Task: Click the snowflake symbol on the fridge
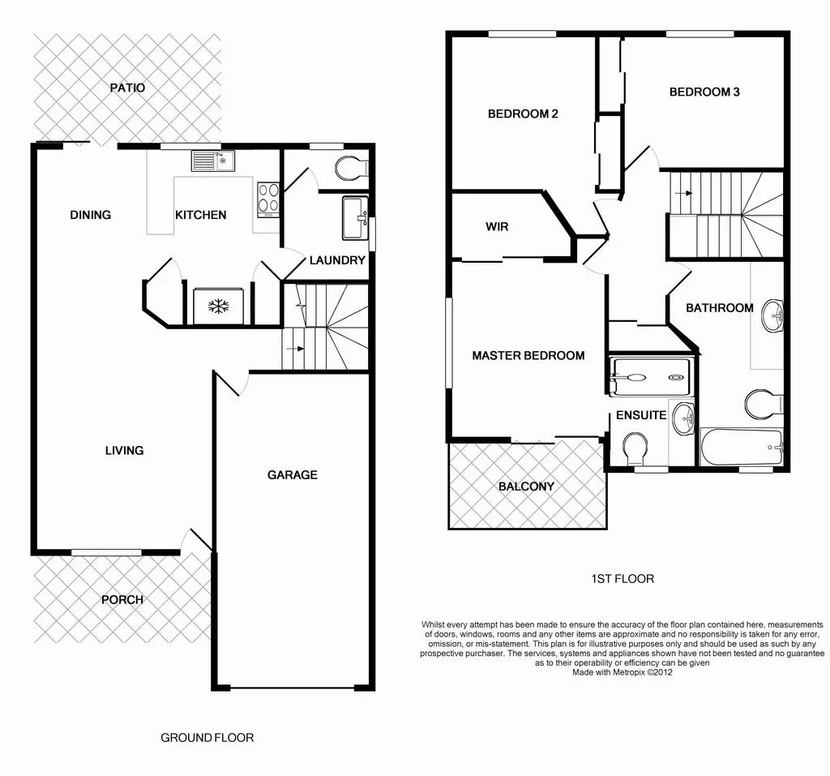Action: click(218, 306)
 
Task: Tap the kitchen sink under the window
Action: click(212, 161)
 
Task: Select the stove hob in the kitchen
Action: click(268, 199)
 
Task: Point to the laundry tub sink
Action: click(355, 218)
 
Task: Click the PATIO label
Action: click(127, 87)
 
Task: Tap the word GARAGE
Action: click(293, 474)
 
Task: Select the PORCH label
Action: click(122, 600)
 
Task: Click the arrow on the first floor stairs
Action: click(686, 193)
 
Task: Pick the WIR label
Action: click(497, 227)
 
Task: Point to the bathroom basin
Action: click(773, 315)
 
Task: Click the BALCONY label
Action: click(526, 487)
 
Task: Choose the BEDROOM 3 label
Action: click(704, 92)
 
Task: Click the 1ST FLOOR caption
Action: click(622, 579)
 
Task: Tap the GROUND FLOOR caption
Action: click(207, 737)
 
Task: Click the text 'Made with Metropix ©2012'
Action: click(622, 672)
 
